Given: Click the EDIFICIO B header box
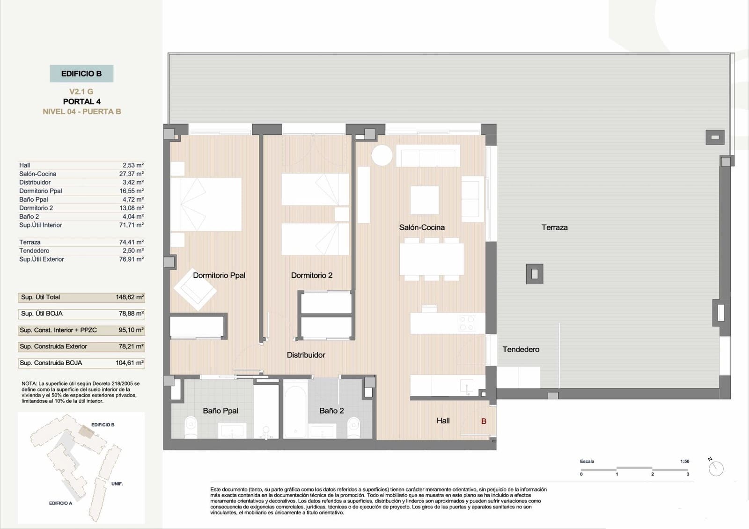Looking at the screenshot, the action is pos(81,73).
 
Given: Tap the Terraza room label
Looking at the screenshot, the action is pos(554,228).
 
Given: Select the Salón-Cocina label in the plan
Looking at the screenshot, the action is pos(422,228).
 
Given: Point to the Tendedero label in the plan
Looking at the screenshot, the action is pos(521,349).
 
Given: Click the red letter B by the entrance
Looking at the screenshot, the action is pos(484,421).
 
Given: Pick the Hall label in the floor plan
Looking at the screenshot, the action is pos(443,421).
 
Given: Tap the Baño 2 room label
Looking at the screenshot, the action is pos(331,411).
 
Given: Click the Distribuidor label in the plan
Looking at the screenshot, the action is pos(306,355).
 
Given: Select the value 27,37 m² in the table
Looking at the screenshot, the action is pos(132,174).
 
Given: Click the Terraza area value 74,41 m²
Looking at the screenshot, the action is pos(132,242).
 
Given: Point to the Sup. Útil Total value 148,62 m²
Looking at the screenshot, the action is pos(130,297).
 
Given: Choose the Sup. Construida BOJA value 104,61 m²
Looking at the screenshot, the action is pos(130,363).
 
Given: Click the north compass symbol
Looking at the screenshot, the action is pos(716,468).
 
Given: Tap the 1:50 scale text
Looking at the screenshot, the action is pos(684,461).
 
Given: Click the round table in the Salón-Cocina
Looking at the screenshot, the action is pos(382,155).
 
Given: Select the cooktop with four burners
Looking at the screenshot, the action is pos(467,323).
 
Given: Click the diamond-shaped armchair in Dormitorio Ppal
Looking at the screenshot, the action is pos(195,290).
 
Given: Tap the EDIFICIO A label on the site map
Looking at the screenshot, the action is pos(60,503).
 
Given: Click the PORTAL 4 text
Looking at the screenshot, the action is pos(81,102).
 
